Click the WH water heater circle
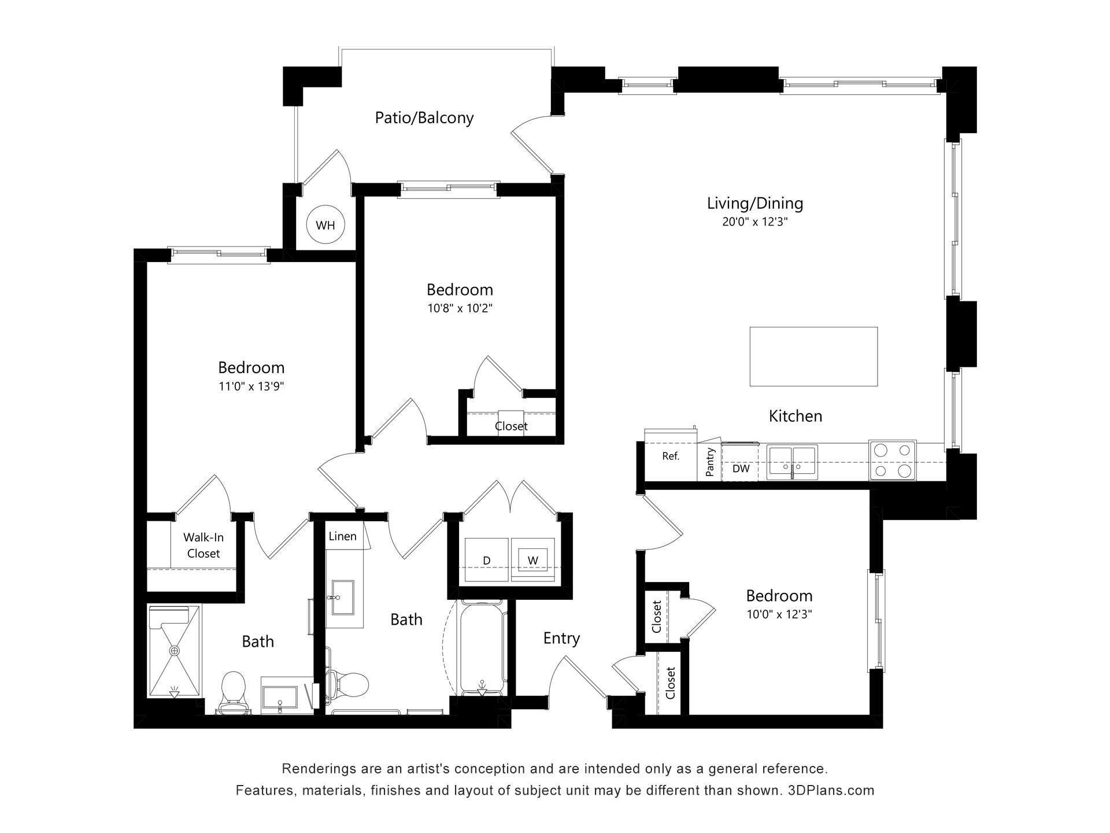325,225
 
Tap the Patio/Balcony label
424,117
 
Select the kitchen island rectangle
813,356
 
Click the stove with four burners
892,460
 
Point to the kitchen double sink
792,462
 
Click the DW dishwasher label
741,469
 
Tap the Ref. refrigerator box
671,456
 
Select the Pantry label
710,462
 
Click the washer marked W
532,560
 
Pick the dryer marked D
487,560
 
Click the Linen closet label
342,536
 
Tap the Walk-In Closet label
203,545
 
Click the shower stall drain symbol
174,651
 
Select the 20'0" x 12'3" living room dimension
754,222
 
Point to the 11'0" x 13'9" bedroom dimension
251,386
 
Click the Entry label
561,638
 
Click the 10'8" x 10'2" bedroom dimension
460,308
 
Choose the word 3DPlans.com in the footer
831,790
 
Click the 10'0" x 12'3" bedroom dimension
779,614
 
